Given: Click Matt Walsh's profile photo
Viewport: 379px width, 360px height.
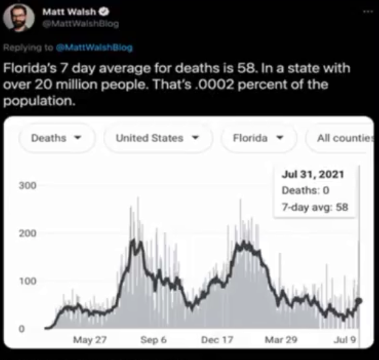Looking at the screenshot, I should tap(19, 18).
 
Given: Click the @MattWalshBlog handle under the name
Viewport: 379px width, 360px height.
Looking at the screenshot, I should tap(80, 23).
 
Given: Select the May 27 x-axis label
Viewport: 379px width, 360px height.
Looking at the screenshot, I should tap(90, 340).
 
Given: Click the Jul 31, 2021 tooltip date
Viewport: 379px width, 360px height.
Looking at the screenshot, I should tap(312, 175).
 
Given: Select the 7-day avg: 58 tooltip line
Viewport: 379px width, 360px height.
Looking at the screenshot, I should tap(314, 207).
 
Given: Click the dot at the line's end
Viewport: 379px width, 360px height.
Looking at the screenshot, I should tap(359, 301).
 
